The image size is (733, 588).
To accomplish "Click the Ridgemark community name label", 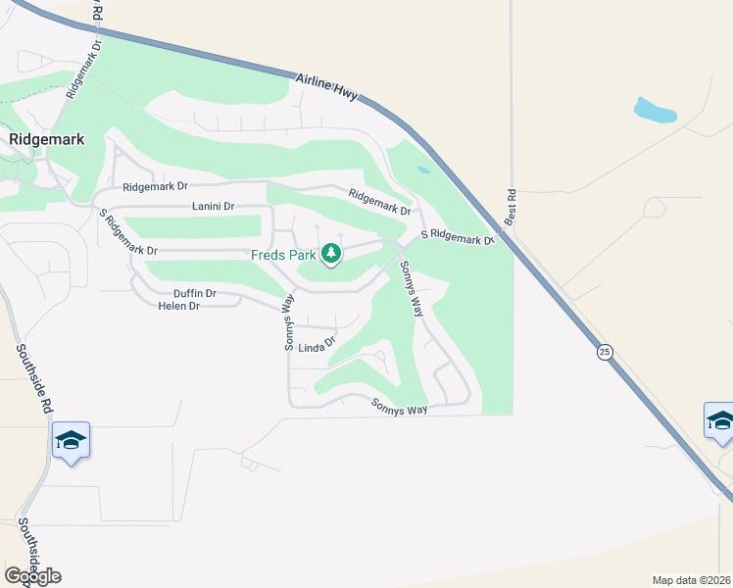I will click(x=46, y=139).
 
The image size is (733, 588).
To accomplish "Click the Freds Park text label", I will click(x=283, y=255).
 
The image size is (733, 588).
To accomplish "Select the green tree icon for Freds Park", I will click(x=331, y=255).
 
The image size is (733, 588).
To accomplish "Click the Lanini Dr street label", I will click(x=214, y=207).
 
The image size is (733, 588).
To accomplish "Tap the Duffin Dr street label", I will click(x=194, y=293).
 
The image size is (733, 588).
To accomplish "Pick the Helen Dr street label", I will click(x=178, y=306).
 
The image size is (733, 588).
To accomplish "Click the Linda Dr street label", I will click(x=317, y=346).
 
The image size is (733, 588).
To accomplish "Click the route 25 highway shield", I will click(x=605, y=352).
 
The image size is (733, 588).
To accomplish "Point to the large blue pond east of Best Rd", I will click(x=655, y=110).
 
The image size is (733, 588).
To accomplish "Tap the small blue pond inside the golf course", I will click(x=422, y=170).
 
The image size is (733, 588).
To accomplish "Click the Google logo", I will click(x=32, y=575).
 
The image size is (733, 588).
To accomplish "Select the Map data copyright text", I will click(x=691, y=579).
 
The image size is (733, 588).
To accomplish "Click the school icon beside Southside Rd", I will click(x=71, y=440).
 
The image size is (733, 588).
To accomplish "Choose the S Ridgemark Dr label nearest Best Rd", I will click(x=457, y=237).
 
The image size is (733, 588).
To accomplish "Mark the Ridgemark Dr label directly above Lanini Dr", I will click(x=155, y=186).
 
